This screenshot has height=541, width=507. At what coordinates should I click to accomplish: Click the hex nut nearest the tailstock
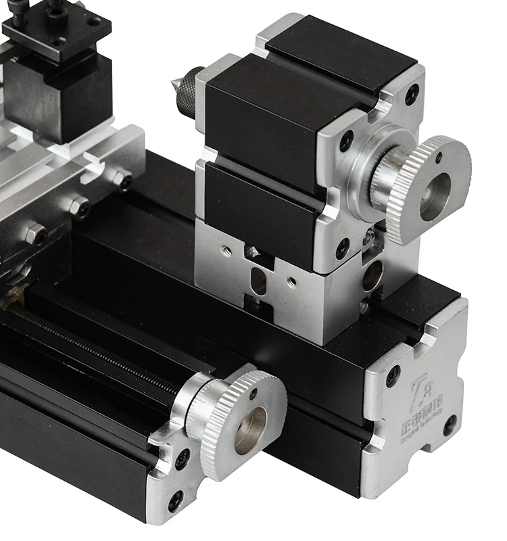(122, 181)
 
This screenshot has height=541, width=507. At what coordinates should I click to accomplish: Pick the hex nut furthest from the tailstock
(34, 234)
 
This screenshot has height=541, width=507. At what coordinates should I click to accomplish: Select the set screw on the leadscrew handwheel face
(255, 393)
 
